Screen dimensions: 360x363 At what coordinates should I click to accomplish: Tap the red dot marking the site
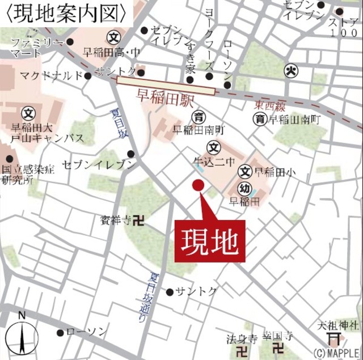(197, 185)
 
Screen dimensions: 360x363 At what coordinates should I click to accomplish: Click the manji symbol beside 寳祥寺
(138, 220)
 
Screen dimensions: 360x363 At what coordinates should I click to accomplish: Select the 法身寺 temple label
(242, 339)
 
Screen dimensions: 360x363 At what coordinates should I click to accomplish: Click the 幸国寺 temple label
(278, 336)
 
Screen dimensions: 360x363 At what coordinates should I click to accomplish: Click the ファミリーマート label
(37, 48)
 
